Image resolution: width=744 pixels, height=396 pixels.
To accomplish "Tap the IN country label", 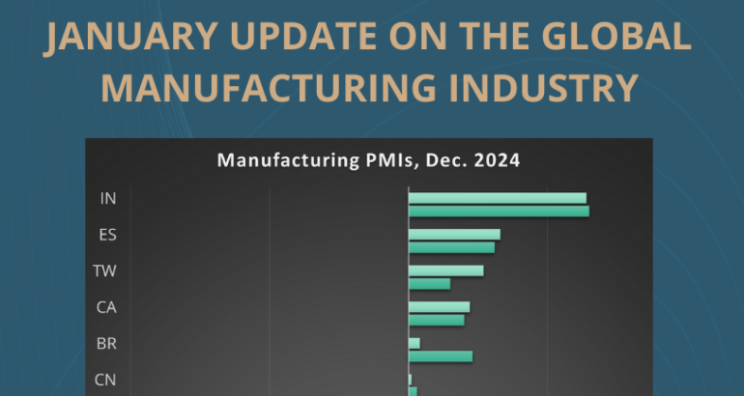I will [x=108, y=198].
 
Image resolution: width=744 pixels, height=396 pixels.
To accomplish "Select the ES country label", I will [x=108, y=235].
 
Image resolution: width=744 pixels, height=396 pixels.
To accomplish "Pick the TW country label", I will [x=105, y=270].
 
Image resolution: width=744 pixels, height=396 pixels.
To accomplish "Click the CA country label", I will [x=106, y=307].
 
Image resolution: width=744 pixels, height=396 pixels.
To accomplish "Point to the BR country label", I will [x=107, y=343].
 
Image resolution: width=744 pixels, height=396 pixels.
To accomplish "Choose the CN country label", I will [x=106, y=380].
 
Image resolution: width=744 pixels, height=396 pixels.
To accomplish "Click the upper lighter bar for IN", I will [x=497, y=198].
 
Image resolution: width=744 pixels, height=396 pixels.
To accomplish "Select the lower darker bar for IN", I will [x=499, y=212].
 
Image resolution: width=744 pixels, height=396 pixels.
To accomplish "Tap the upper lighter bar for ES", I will [x=454, y=235].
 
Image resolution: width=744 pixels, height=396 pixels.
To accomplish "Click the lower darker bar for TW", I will [x=429, y=283].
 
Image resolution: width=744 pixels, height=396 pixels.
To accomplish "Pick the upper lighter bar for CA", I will [x=439, y=307].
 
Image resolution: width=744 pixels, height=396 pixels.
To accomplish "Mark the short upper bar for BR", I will [x=415, y=343].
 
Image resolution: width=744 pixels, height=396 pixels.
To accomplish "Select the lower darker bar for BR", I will [x=441, y=356].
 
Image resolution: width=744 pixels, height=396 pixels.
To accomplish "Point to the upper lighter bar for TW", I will [x=445, y=270].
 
